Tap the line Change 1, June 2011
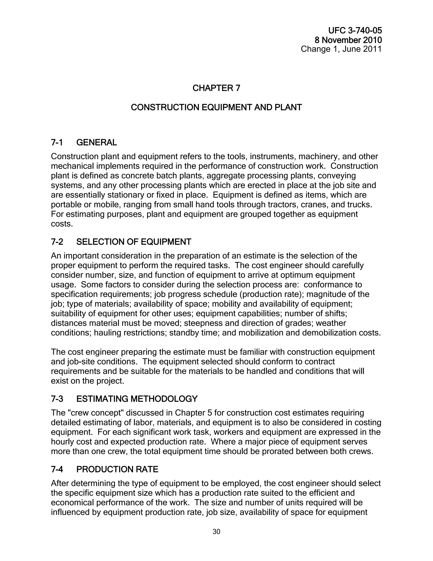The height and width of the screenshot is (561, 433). (x=341, y=49)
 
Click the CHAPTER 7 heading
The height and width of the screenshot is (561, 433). (x=216, y=88)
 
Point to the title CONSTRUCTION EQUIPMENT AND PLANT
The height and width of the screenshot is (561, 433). (x=216, y=107)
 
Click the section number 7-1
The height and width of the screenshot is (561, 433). (x=57, y=142)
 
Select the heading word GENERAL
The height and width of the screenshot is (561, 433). (x=96, y=142)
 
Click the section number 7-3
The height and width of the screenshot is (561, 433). (x=57, y=399)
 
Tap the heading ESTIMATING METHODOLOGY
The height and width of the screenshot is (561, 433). (x=137, y=399)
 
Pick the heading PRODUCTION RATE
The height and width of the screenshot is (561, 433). (x=117, y=469)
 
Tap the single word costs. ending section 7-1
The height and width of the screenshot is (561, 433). (x=62, y=224)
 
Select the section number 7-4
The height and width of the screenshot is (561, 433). (x=57, y=469)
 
